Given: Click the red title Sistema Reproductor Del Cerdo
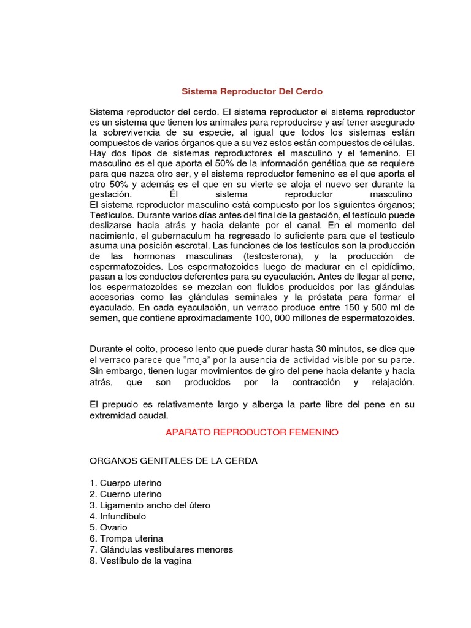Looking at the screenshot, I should [252, 91].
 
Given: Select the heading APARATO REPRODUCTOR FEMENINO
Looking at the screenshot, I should [252, 432].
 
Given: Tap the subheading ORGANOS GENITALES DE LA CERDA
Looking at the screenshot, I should [174, 461].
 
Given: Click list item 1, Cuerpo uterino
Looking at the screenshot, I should [126, 483].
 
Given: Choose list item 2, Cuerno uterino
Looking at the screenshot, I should [126, 494].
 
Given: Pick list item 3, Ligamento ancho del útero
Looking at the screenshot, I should [150, 505].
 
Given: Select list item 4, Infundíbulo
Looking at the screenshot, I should [118, 516].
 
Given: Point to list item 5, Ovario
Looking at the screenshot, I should [109, 527].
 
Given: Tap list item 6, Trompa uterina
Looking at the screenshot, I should [126, 538].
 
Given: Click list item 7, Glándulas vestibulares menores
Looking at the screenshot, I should [161, 549].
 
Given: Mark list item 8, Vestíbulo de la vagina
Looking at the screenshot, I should [140, 561].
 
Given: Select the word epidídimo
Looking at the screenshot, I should [390, 266].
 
